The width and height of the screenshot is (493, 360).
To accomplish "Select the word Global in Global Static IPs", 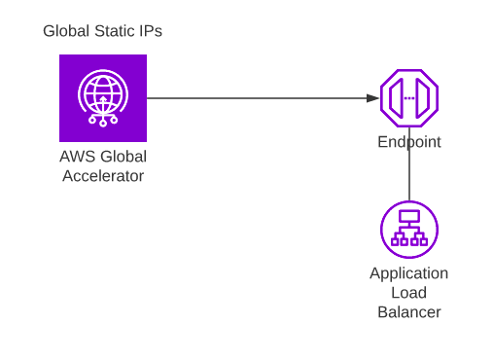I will pos(67,31).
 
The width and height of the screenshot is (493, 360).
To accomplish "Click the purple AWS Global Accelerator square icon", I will pos(103,98).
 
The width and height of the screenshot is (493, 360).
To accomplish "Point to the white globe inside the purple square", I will pos(103,94).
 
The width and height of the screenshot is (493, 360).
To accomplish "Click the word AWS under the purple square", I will pos(77,158).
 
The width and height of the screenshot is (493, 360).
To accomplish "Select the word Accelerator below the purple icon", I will pos(103,176).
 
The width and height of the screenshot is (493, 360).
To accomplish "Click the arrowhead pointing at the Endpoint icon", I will pos(373,98).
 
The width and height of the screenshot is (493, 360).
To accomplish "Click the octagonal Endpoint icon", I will pos(409,98).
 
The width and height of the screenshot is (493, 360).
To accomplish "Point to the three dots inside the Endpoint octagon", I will pos(409,98).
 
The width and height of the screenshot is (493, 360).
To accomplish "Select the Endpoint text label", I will pos(409,142).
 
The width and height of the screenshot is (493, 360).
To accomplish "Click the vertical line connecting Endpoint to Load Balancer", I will pos(409,175).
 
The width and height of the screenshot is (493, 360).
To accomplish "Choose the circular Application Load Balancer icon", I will pos(409,229).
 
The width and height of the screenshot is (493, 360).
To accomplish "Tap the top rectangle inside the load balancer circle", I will pos(409,216).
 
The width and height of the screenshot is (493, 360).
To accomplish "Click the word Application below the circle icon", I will pos(409,273).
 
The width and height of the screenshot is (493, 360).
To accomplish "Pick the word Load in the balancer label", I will pos(409,293).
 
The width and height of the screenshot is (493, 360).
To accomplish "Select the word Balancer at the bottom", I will pos(409,312).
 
